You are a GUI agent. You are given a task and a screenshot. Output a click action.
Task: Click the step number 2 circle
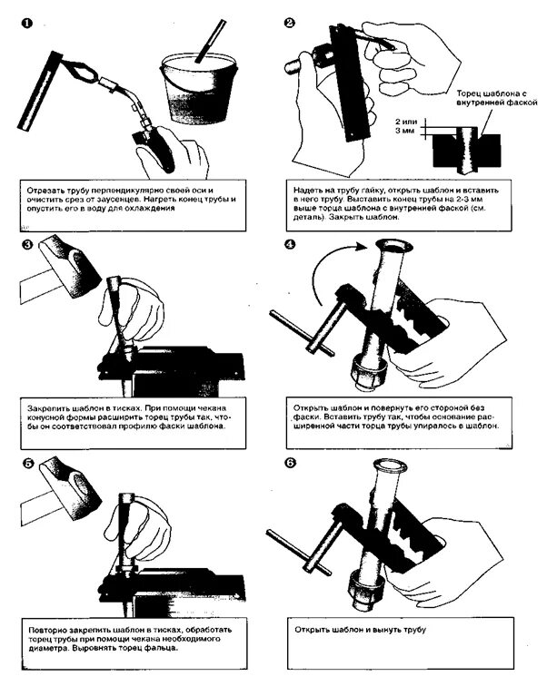coord(290,22)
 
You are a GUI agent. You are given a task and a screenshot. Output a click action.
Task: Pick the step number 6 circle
coord(290,463)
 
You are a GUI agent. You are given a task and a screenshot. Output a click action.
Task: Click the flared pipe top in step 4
coord(396,247)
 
